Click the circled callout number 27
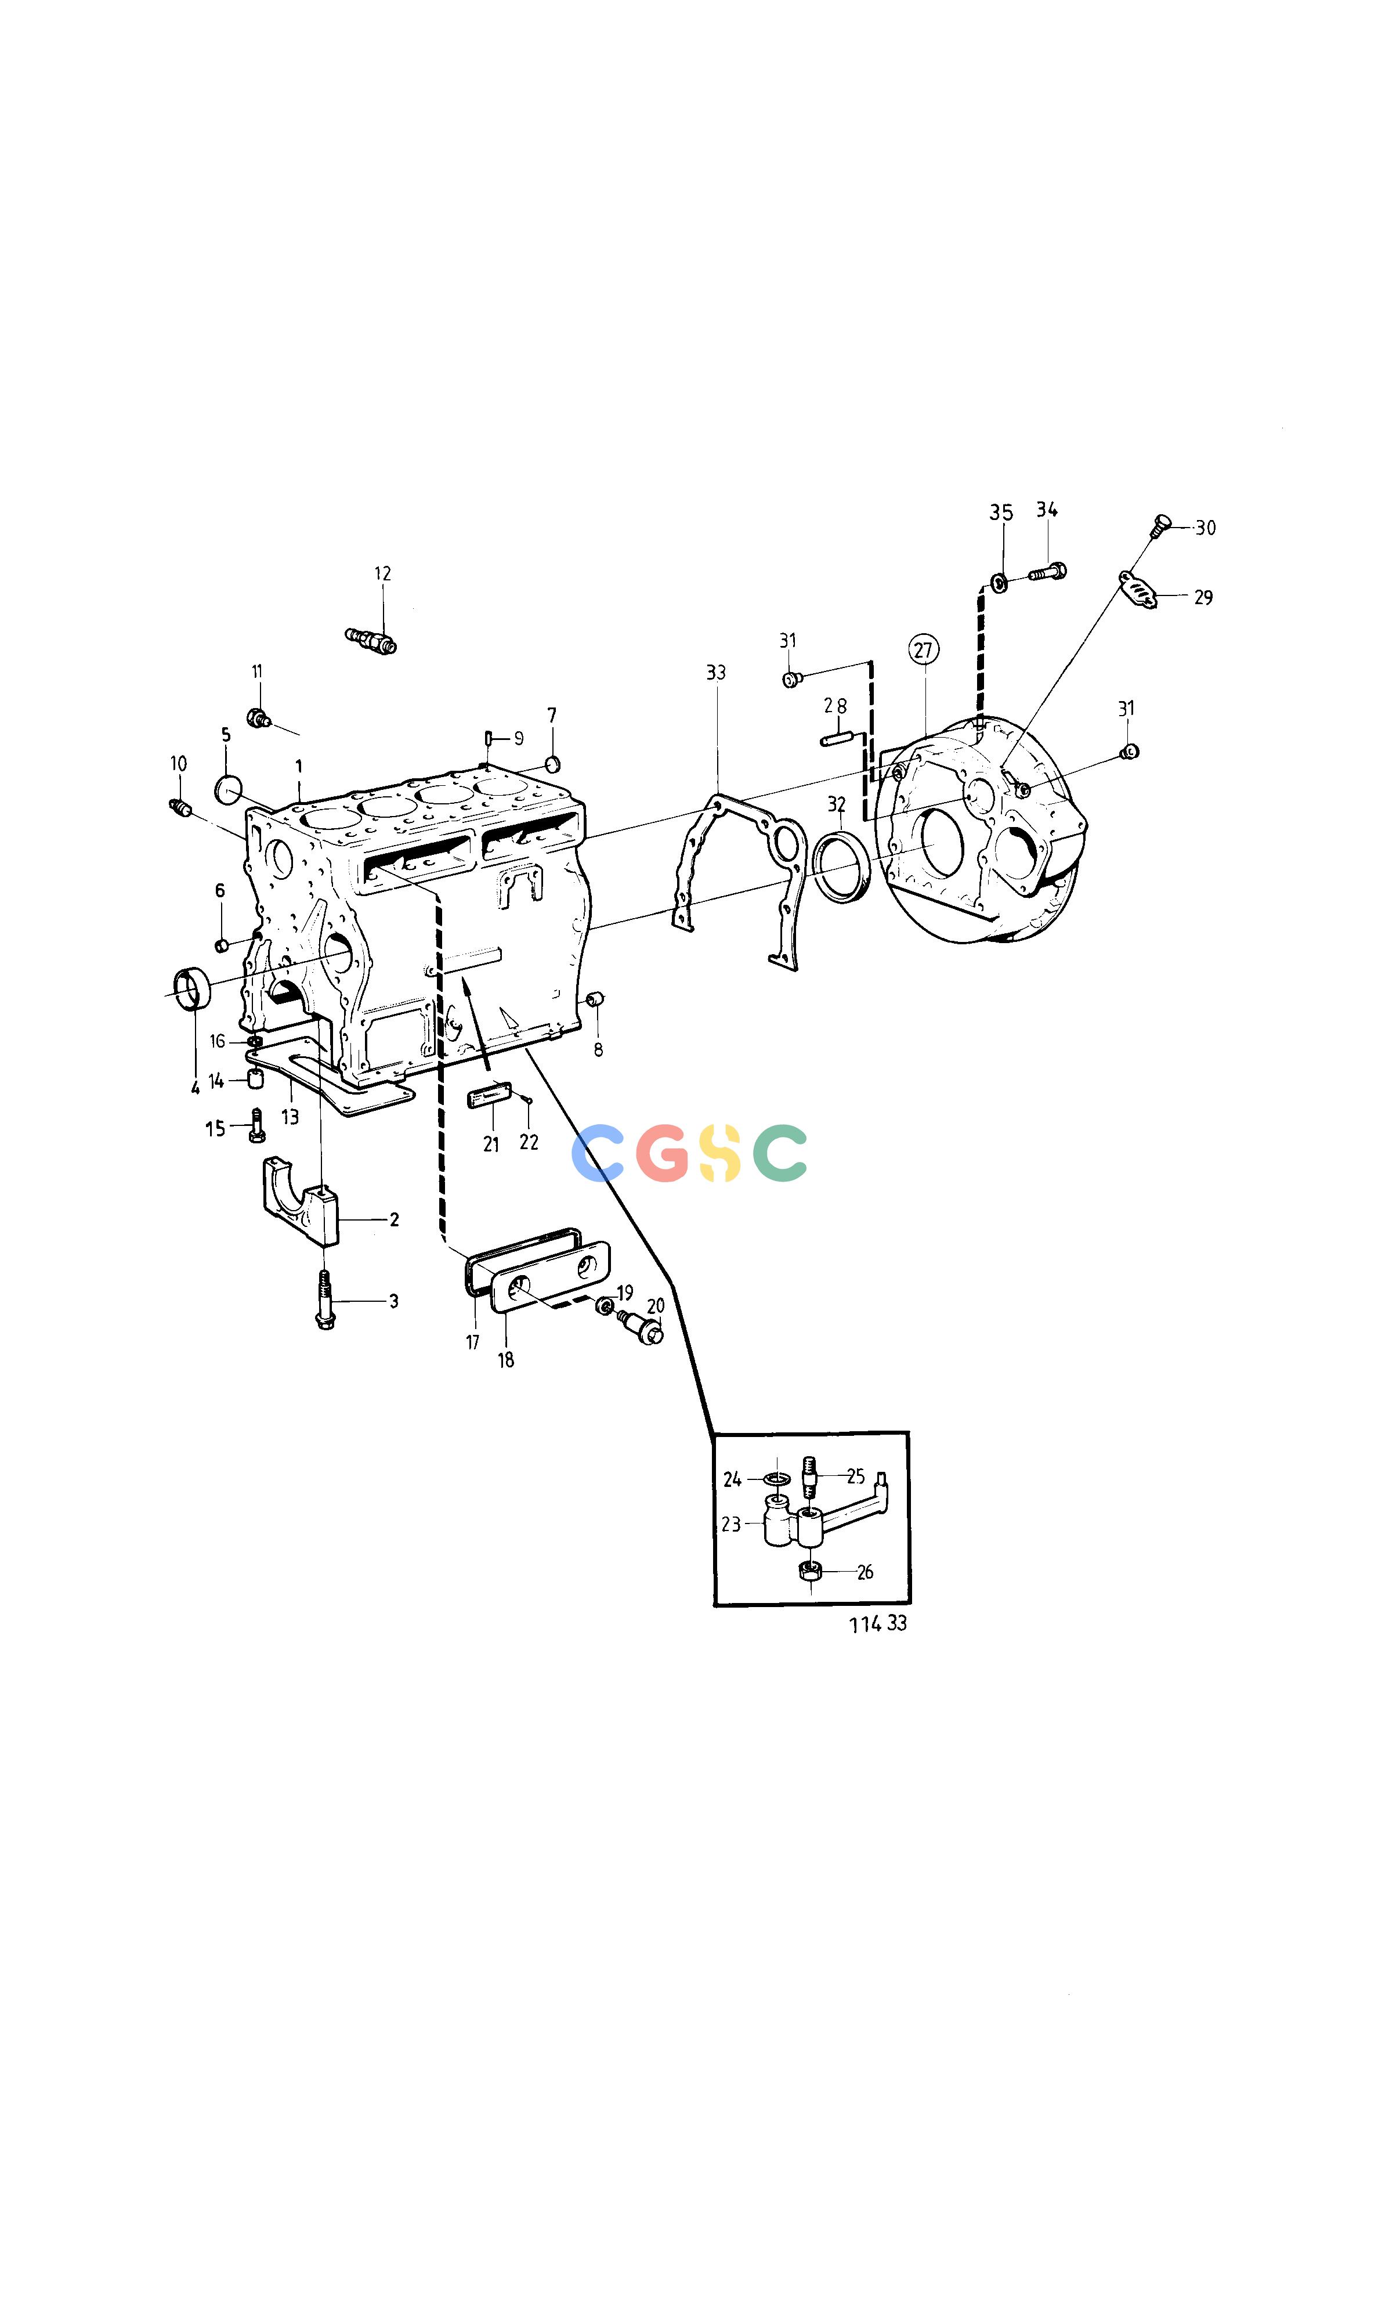pos(923,649)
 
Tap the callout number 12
pos(382,574)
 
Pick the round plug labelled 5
pos(227,789)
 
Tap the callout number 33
pos(716,673)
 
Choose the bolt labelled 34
pos(1047,572)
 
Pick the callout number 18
pos(506,1360)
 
